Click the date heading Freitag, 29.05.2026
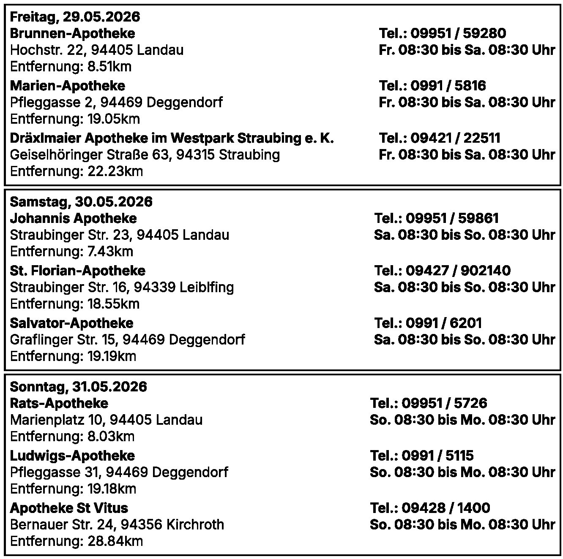coord(75,17)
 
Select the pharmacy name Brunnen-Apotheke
coord(72,33)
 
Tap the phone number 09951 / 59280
coord(458,33)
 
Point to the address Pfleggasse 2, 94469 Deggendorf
coord(116,102)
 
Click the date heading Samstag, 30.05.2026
coord(81,202)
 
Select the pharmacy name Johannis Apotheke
coord(73,218)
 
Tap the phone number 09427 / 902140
coord(458,271)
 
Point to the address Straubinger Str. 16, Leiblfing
coord(122,287)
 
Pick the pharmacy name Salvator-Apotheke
coord(71,323)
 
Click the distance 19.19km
coord(112,356)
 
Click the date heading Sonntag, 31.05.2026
coord(78,387)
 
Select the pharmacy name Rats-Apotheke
coord(59,403)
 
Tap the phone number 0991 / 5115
coord(437,456)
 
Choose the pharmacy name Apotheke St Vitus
coord(69,508)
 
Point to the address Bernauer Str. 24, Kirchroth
coord(117,524)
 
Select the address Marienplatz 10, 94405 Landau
coord(106,420)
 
